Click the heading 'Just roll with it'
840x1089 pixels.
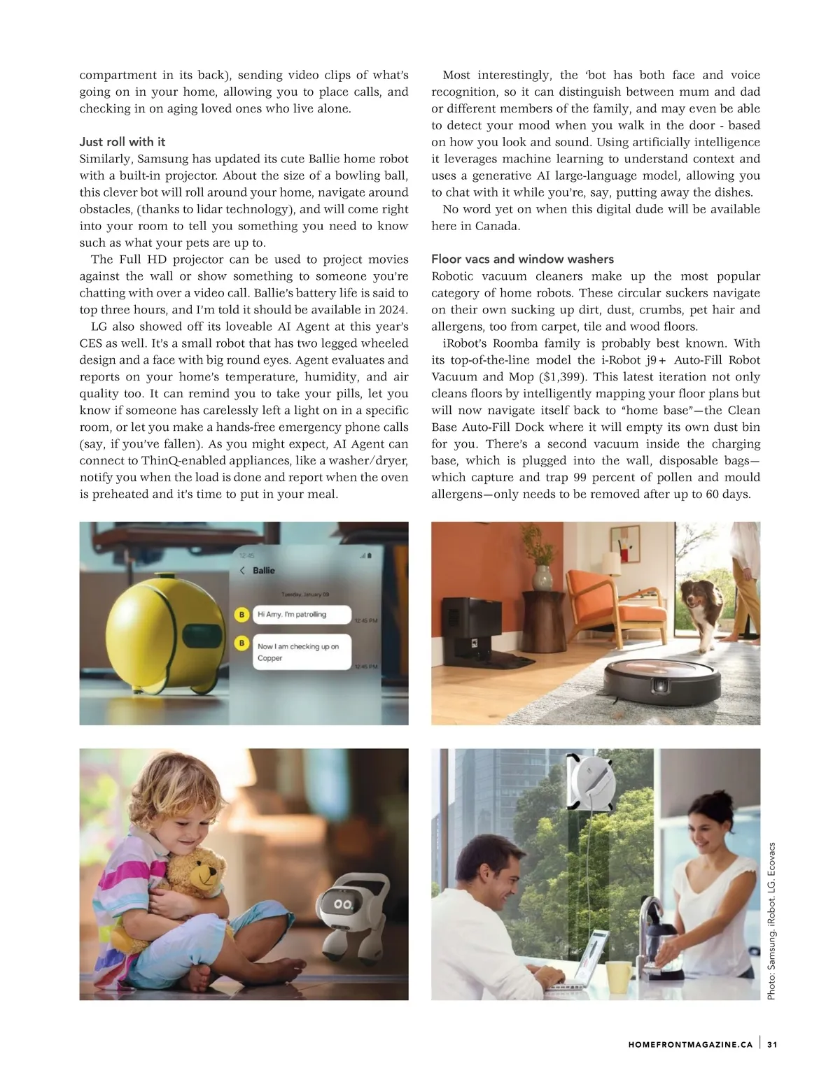pos(122,142)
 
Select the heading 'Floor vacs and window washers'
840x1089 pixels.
pos(522,259)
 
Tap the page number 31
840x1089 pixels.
pos(773,1045)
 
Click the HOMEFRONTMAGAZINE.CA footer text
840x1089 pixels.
pos(690,1045)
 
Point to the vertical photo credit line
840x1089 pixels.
pos(771,920)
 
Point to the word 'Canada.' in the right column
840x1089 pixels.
pos(498,226)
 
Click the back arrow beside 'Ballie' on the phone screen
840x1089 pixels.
pos(242,570)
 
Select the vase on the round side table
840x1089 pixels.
pos(543,578)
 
